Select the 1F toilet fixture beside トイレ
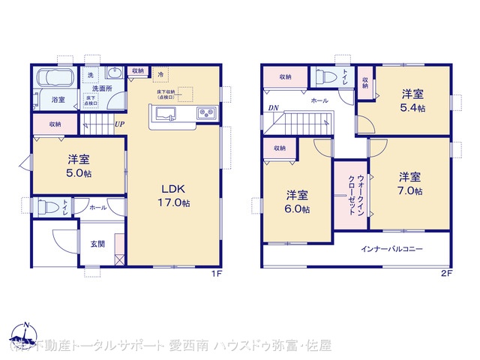[x=48, y=206]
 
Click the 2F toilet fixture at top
[x=324, y=76]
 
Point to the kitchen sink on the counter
[x=165, y=113]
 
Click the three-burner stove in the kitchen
[x=206, y=113]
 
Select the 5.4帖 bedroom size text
[x=412, y=108]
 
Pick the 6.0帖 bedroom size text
[x=298, y=209]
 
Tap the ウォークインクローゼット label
[x=355, y=195]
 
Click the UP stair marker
[x=118, y=124]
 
